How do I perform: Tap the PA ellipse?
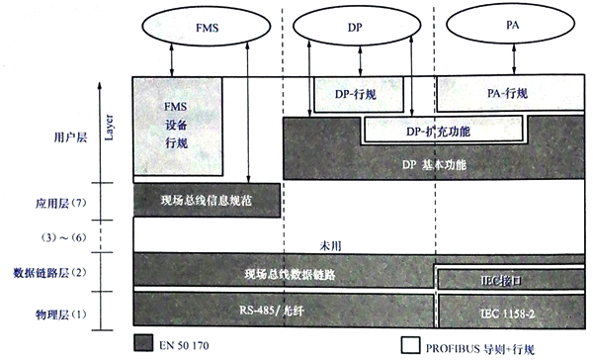coord(507,31)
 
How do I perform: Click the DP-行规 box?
coord(359,94)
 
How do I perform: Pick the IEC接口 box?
coord(508,278)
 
